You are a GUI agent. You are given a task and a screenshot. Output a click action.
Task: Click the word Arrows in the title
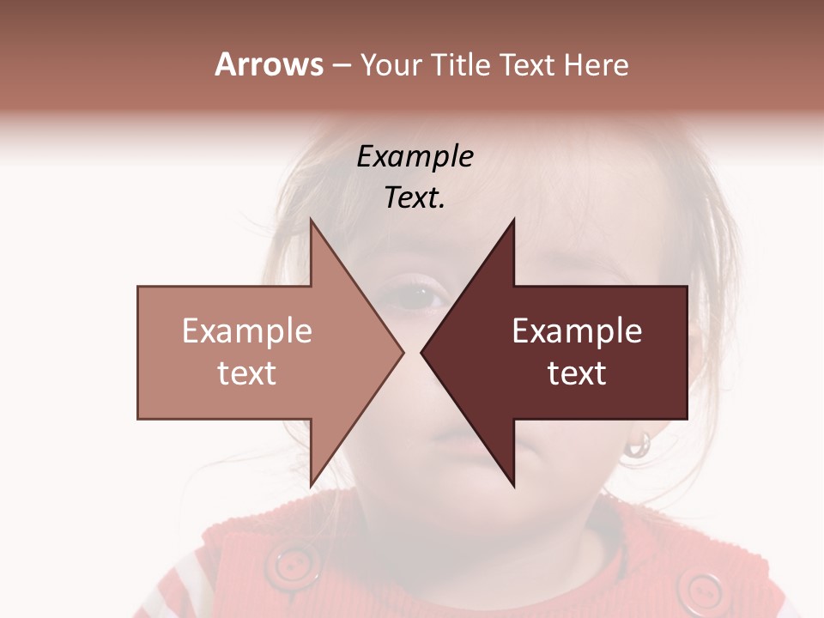click(x=270, y=64)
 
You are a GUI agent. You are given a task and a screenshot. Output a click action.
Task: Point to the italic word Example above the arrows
click(x=415, y=156)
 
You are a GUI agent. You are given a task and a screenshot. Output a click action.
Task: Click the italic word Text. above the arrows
click(x=415, y=198)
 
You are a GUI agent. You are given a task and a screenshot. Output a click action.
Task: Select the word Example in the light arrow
click(x=246, y=331)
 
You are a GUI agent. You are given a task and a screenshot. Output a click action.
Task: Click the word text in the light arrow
click(x=246, y=373)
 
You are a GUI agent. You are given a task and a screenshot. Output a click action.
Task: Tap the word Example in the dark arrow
click(x=577, y=331)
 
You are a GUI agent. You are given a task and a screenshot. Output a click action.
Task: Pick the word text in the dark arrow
click(x=577, y=373)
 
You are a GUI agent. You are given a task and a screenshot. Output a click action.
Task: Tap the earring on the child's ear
click(x=638, y=444)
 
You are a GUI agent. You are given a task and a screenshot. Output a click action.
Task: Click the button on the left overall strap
click(x=292, y=566)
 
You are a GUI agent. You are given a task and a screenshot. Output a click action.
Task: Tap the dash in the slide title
click(x=341, y=65)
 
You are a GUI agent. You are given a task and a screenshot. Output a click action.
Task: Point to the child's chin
click(x=468, y=506)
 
